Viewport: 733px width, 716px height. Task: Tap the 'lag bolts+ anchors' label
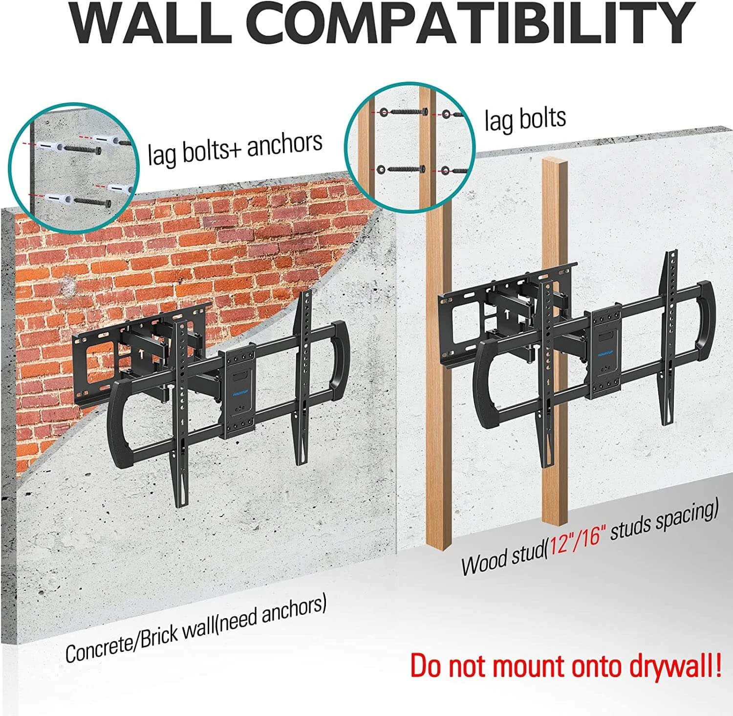[235, 147]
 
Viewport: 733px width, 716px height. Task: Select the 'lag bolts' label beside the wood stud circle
[525, 119]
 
